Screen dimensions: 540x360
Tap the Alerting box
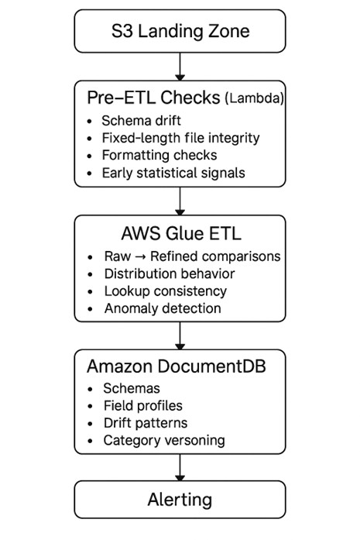click(x=180, y=500)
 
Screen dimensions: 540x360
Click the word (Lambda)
click(x=252, y=99)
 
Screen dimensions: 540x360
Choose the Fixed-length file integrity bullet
click(x=180, y=138)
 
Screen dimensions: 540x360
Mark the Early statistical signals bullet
click(x=173, y=173)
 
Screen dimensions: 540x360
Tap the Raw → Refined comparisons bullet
click(x=192, y=256)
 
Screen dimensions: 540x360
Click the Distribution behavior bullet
click(x=170, y=273)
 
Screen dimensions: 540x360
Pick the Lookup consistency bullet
click(x=165, y=291)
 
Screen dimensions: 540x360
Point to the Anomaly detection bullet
click(x=163, y=308)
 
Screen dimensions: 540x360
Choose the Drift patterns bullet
click(x=146, y=423)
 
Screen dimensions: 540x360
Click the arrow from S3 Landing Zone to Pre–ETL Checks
click(x=180, y=66)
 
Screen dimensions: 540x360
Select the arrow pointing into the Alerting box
click(x=180, y=469)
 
